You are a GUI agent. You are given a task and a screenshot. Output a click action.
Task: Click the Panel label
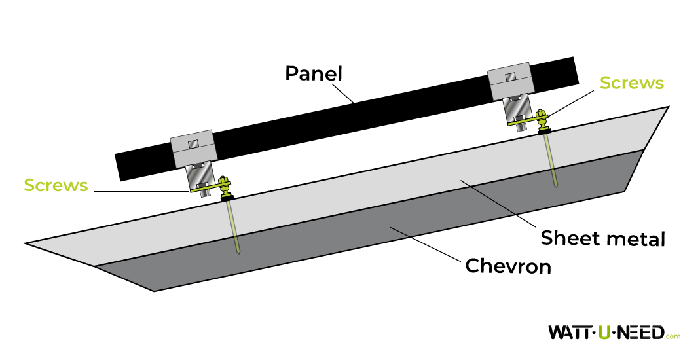[x=314, y=73]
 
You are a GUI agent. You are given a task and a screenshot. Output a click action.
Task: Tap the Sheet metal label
[x=602, y=238]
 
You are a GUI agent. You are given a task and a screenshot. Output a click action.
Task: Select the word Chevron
[x=507, y=266]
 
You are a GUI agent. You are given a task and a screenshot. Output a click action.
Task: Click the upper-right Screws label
[x=631, y=83]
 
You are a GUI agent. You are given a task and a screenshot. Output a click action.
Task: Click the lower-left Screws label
[x=56, y=185]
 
